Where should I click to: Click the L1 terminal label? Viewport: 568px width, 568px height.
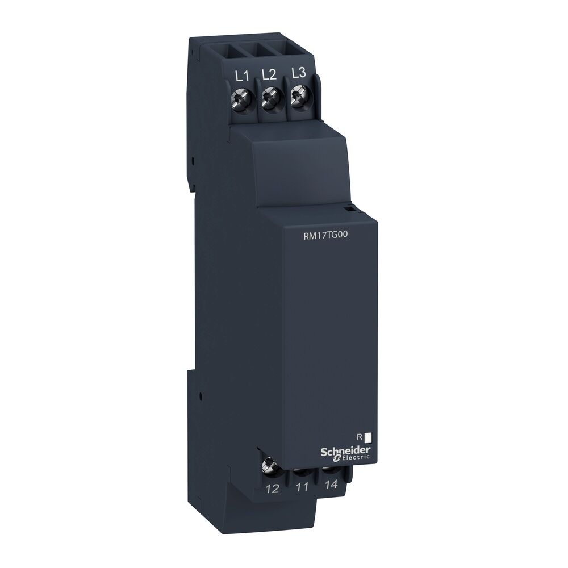[x=241, y=76]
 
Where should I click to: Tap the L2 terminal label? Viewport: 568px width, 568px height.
[x=269, y=74]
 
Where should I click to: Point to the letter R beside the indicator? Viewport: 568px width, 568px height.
[x=359, y=437]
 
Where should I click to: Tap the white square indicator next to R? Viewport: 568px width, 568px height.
[x=367, y=437]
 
